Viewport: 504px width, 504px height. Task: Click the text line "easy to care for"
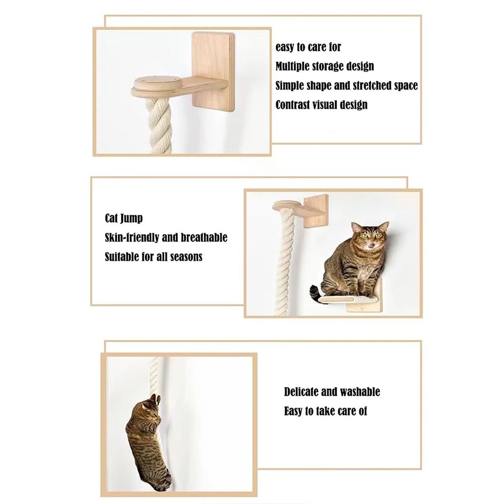coord(308,47)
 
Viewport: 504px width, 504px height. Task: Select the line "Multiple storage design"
coord(325,67)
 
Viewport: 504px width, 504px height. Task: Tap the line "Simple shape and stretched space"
coord(346,86)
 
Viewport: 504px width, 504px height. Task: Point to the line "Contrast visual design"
coord(321,105)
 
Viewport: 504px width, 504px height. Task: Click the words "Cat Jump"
coord(123,218)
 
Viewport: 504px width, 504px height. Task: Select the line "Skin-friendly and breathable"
coord(166,237)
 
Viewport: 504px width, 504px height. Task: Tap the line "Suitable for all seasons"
coord(153,257)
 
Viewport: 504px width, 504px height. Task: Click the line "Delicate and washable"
coord(332,392)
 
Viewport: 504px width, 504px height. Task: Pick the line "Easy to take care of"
coord(325,411)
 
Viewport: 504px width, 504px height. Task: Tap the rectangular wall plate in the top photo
coord(214,55)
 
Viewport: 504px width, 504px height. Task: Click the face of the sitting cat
coord(369,237)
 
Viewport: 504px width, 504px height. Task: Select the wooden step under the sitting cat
coord(348,299)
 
